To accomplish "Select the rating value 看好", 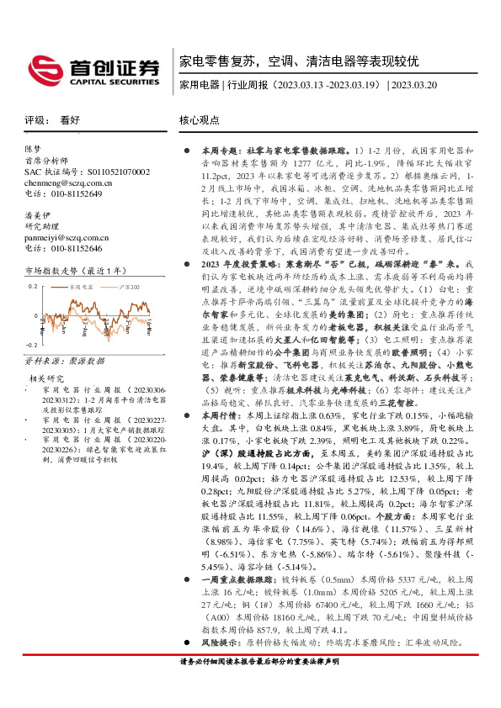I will point(71,120).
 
